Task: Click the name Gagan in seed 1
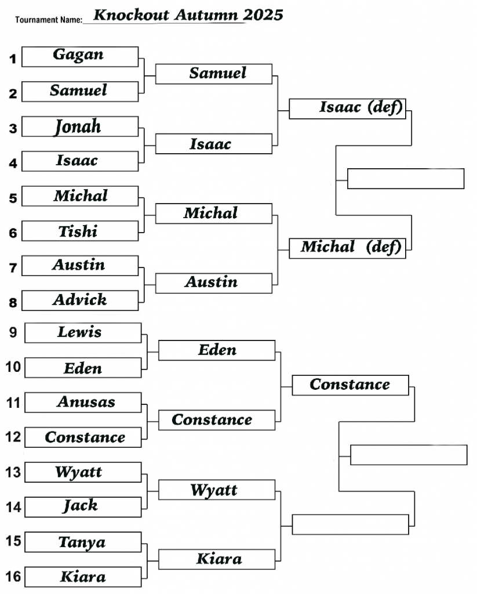click(x=78, y=55)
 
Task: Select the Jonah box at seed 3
click(x=78, y=126)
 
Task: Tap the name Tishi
click(x=78, y=231)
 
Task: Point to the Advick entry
click(x=79, y=300)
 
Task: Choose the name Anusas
click(x=86, y=402)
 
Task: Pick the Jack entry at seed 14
click(x=81, y=506)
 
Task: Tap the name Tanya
click(x=82, y=542)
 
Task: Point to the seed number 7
click(x=13, y=267)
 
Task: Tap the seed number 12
click(x=13, y=437)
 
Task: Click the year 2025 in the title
click(x=263, y=15)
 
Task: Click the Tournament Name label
click(x=49, y=20)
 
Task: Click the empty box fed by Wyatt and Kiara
click(x=350, y=524)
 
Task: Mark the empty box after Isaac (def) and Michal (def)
click(x=405, y=179)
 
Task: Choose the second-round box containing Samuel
click(x=214, y=74)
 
